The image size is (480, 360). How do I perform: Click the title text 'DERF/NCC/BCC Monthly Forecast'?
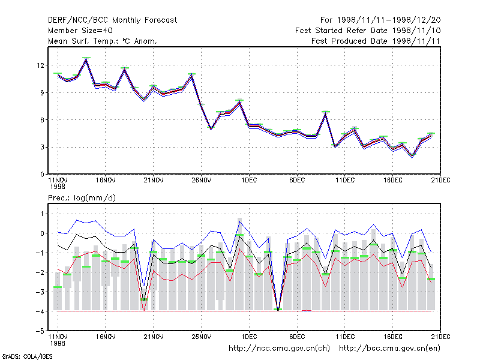pos(112,20)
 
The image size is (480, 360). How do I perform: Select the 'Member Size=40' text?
pos(80,31)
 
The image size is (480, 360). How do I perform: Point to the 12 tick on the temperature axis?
pos(40,65)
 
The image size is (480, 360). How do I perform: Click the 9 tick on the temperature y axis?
pos(42,92)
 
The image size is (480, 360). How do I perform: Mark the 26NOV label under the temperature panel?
pos(202,181)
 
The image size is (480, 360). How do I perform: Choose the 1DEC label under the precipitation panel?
pos(249,337)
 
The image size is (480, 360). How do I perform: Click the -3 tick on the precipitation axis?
pos(40,292)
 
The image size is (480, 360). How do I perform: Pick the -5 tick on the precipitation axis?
pos(40,331)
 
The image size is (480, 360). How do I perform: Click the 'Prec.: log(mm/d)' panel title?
pos(82,198)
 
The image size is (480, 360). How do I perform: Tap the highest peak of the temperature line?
pos(86,59)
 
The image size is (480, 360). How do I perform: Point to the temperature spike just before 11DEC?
pos(326,113)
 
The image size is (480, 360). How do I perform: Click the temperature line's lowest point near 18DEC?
pos(412,156)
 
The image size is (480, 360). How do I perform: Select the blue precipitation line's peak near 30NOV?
pos(239,221)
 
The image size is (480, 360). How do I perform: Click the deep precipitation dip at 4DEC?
pos(278,310)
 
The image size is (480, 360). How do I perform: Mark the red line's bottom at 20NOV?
pos(144,310)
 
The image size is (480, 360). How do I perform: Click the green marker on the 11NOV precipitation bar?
pos(58,287)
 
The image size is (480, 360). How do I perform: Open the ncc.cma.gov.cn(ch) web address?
pos(279,349)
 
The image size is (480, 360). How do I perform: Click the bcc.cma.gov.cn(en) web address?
pos(389,349)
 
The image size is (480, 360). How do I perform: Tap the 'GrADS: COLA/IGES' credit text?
pos(27,356)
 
